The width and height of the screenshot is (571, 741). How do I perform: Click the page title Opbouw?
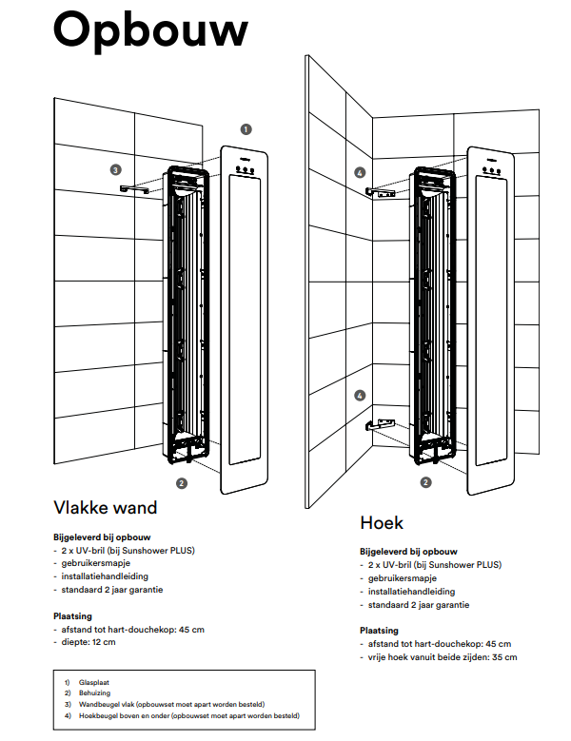click(150, 31)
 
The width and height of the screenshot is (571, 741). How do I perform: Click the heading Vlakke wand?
click(106, 508)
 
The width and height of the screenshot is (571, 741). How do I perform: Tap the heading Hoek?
click(382, 522)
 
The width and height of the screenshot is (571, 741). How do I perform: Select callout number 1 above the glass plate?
click(246, 129)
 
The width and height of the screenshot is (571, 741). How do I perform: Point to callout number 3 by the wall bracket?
click(115, 169)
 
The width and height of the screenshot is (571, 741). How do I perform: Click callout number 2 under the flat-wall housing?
click(182, 483)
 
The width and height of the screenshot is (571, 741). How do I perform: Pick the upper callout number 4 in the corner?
click(360, 172)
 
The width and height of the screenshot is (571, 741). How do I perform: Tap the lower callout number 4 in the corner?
click(360, 395)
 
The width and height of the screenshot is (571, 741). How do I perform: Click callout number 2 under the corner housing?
click(426, 482)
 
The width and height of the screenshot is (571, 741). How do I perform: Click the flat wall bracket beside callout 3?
click(134, 189)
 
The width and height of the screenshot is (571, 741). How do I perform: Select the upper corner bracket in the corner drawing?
click(380, 192)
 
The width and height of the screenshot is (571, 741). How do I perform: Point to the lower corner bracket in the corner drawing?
click(380, 424)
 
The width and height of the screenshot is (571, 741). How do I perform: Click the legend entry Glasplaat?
click(94, 682)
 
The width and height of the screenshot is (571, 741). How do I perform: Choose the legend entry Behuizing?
click(94, 692)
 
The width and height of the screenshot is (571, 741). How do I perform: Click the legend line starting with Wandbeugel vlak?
click(171, 704)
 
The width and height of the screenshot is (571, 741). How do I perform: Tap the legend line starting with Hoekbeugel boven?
click(189, 715)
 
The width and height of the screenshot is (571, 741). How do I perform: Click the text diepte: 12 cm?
click(89, 642)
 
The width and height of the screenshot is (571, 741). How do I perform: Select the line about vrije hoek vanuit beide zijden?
click(443, 657)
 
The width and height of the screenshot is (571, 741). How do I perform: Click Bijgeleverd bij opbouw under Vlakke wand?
click(102, 537)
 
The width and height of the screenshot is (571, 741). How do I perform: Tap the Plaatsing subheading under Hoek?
click(379, 631)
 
